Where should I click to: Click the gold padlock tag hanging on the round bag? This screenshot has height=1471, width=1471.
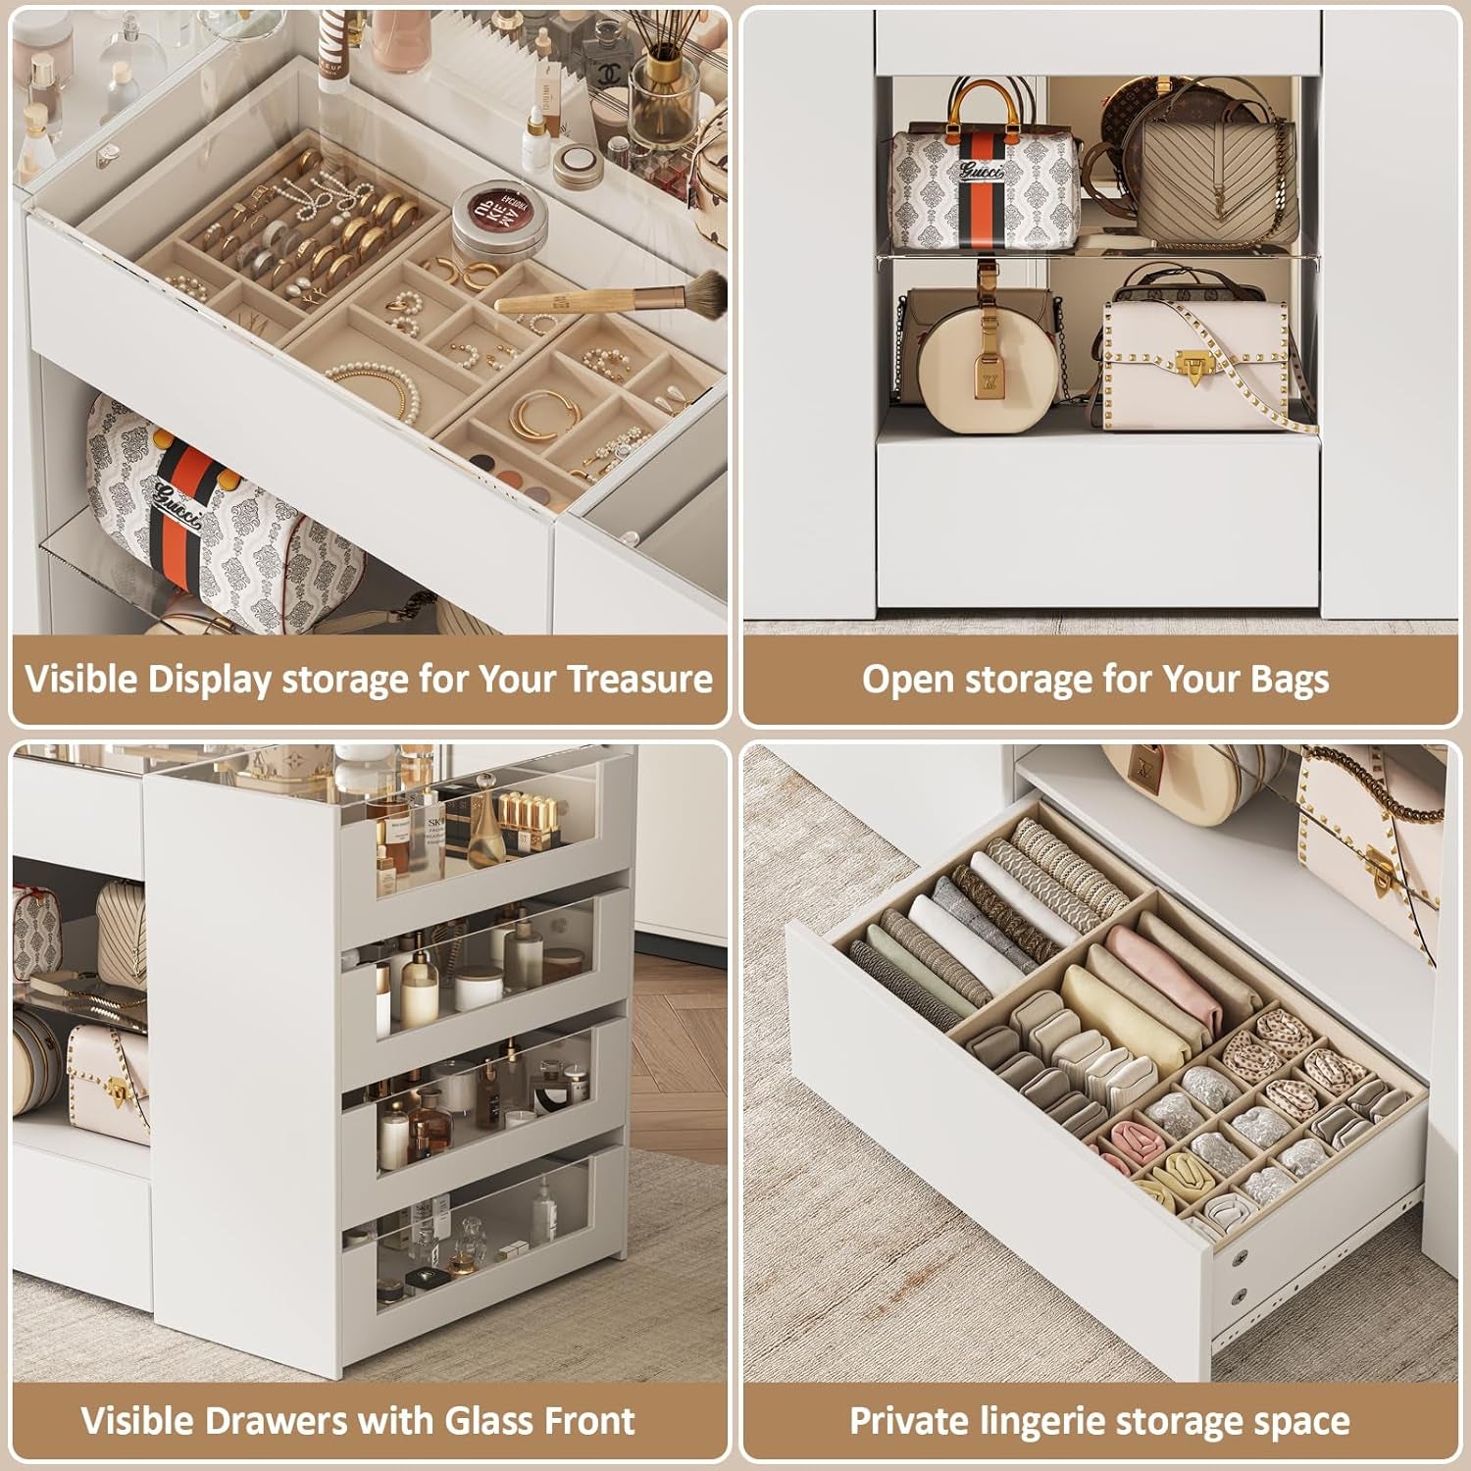coord(987,377)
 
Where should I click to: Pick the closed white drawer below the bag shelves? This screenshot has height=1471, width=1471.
coord(1095,520)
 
